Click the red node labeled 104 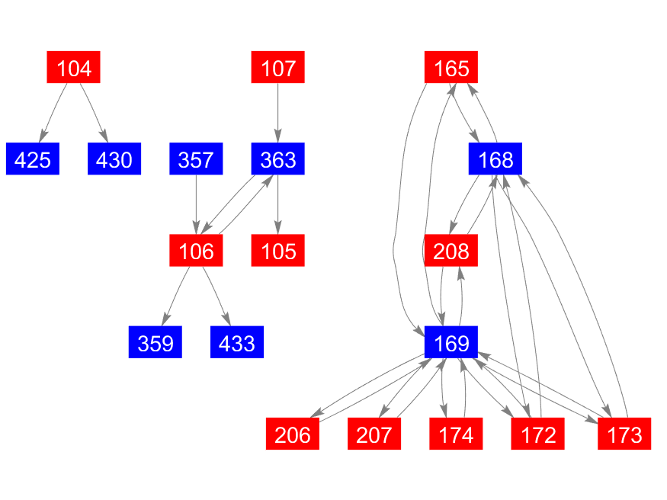(x=74, y=68)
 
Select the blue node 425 (x=33, y=159)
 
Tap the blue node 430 (x=114, y=159)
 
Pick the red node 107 (x=278, y=68)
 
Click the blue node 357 (x=196, y=159)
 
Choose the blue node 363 (x=278, y=159)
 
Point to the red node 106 (x=196, y=251)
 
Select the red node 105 (x=278, y=251)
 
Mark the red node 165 (x=451, y=68)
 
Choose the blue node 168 (x=495, y=159)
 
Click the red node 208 (x=451, y=251)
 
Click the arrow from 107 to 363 (x=278, y=114)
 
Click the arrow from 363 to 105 (x=278, y=205)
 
